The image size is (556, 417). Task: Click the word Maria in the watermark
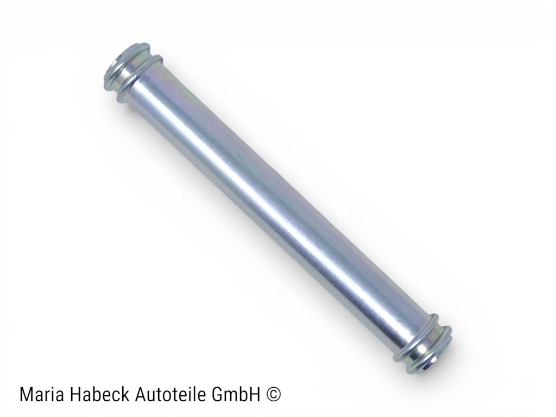[42, 394]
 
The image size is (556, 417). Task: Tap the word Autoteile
[172, 394]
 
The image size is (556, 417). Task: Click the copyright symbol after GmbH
[273, 394]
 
